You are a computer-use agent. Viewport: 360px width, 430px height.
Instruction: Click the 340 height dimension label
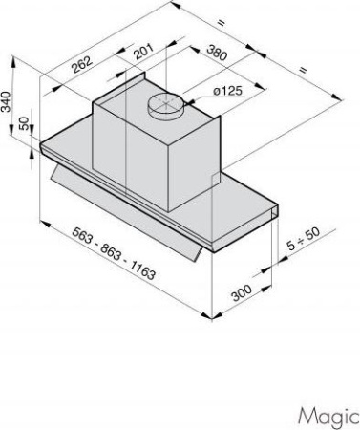(6, 101)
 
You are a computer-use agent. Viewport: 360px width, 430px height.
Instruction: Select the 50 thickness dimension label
(24, 123)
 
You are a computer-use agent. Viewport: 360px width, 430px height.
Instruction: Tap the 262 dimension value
(82, 64)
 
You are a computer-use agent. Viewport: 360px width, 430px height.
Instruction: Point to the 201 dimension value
(143, 51)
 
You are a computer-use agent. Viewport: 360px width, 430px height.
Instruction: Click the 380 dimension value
(217, 53)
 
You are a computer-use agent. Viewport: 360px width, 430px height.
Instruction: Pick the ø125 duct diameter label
(227, 91)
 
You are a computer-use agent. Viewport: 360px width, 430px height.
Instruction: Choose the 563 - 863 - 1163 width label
(114, 253)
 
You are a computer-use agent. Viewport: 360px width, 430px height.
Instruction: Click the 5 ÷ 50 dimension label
(304, 239)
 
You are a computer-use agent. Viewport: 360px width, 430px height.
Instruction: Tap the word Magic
(328, 417)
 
